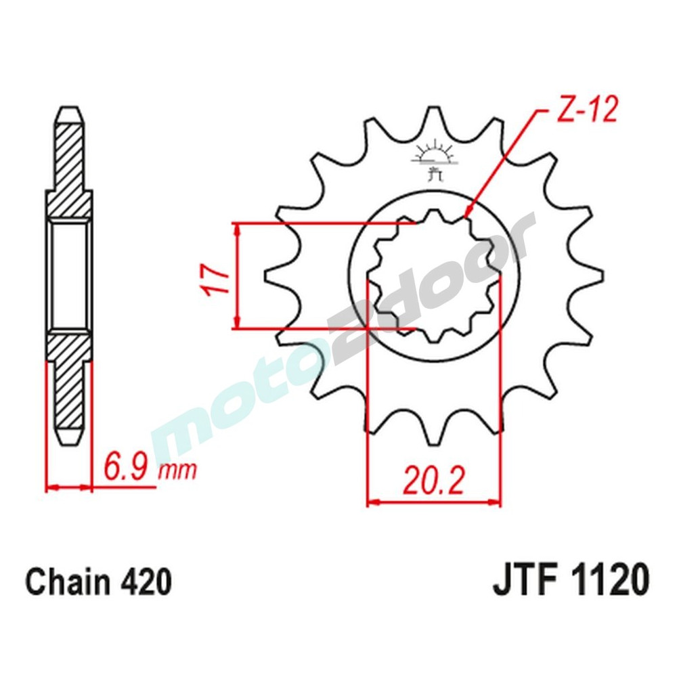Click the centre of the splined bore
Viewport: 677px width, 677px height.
[433, 278]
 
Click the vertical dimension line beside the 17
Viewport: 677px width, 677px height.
[236, 277]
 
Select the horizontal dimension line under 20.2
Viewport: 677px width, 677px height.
[433, 503]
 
